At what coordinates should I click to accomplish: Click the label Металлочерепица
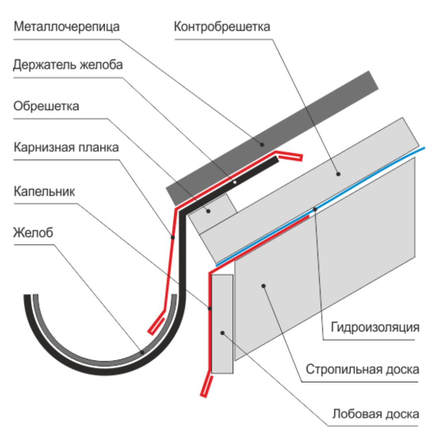pyautogui.click(x=66, y=28)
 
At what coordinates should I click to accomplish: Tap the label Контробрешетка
pyautogui.click(x=222, y=27)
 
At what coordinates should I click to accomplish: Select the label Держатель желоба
pyautogui.click(x=68, y=65)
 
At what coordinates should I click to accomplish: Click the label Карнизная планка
pyautogui.click(x=66, y=148)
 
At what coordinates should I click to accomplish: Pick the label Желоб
pyautogui.click(x=33, y=232)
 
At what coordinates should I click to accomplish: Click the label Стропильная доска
pyautogui.click(x=362, y=369)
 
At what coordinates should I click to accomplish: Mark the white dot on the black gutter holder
pyautogui.click(x=235, y=182)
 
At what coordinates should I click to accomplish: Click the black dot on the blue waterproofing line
pyautogui.click(x=314, y=209)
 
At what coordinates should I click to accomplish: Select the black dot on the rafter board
pyautogui.click(x=263, y=285)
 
